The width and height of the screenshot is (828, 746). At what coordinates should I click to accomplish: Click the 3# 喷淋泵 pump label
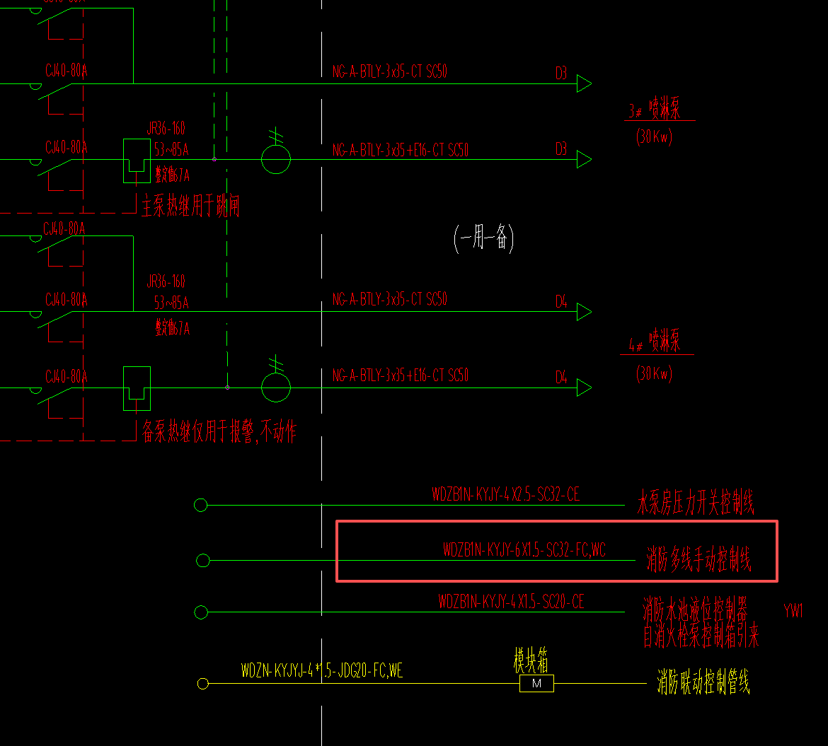coord(654,111)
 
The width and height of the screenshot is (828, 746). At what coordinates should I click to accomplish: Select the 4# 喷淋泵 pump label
coord(654,345)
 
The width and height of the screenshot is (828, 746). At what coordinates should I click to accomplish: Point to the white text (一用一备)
coord(483,239)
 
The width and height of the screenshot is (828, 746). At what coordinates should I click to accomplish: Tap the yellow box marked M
coord(536,684)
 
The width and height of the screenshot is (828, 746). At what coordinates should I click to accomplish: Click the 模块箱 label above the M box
coord(531,662)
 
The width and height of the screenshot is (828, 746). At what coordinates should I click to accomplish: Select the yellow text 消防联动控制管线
coord(703,683)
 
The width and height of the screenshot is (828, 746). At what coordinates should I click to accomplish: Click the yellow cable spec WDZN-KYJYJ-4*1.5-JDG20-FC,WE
coord(322,670)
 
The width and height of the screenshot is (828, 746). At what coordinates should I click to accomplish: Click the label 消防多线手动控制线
coord(698,561)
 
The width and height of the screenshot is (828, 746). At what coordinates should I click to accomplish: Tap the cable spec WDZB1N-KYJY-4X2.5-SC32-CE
coord(505,495)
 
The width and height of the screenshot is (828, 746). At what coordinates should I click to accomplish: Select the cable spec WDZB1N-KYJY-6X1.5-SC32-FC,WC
coord(524,549)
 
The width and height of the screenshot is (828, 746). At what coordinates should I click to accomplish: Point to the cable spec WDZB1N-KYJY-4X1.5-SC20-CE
coord(511,602)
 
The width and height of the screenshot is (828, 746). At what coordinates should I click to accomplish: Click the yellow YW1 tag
coord(793,612)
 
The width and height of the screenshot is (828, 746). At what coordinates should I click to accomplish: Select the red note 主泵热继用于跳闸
coord(190,206)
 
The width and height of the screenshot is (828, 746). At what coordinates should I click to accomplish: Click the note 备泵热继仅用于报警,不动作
coord(219,432)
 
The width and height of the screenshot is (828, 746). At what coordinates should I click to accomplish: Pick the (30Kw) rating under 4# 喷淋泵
coord(654,373)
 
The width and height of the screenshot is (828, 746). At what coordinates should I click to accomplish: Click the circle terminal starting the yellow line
coord(203,684)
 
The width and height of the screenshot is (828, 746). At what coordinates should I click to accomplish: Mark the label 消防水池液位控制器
coord(695,608)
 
